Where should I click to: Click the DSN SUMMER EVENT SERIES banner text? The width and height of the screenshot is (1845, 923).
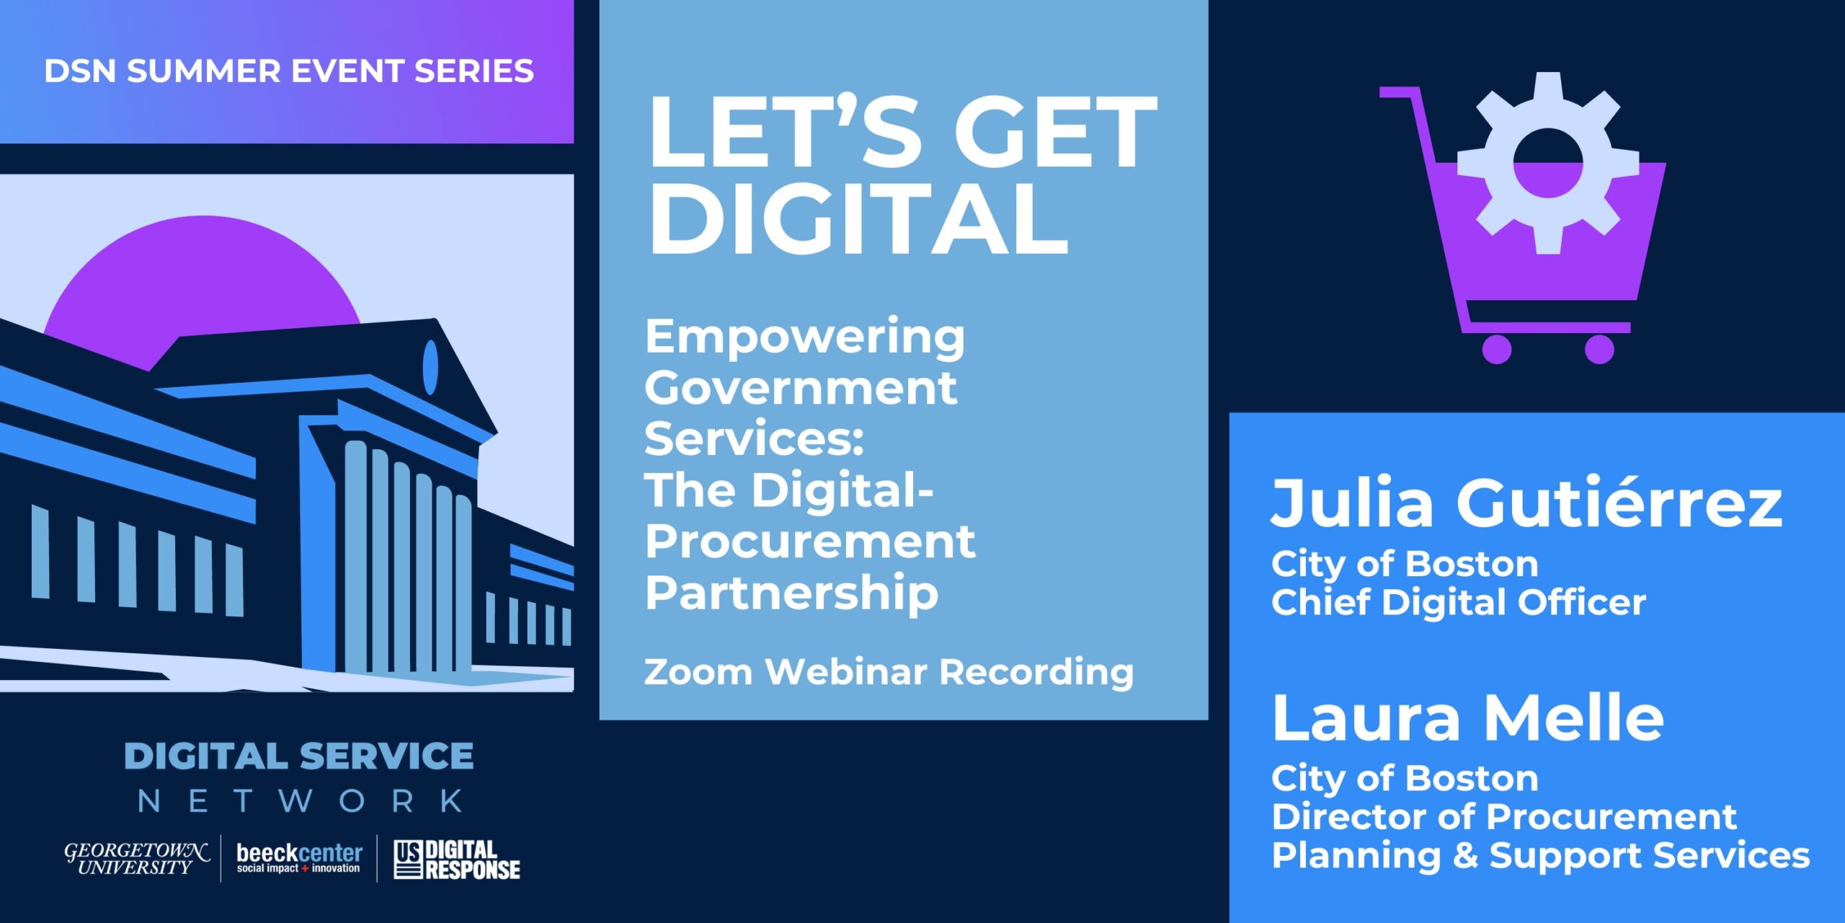coord(288,71)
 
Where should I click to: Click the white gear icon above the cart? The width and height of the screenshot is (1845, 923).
coord(1547,164)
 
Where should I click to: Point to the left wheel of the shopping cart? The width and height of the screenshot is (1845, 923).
coord(1496,350)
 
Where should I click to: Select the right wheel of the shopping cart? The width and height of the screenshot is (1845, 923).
coord(1599,350)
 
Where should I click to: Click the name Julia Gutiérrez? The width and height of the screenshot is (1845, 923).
coord(1526,503)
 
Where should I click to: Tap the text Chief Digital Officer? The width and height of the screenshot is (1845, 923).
coord(1458,603)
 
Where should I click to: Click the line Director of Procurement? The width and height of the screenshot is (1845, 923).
coord(1504,817)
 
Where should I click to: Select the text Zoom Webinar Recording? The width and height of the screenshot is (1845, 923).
coord(888,672)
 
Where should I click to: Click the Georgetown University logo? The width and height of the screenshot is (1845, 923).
coord(137,859)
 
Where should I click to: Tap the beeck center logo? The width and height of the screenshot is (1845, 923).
coord(299,858)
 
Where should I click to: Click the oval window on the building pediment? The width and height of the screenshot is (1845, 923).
coord(430,367)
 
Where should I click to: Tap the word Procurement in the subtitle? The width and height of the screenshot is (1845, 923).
coord(809,542)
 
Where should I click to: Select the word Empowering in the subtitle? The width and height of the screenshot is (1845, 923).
coord(804,337)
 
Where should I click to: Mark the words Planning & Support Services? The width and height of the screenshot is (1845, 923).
coord(1540,856)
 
